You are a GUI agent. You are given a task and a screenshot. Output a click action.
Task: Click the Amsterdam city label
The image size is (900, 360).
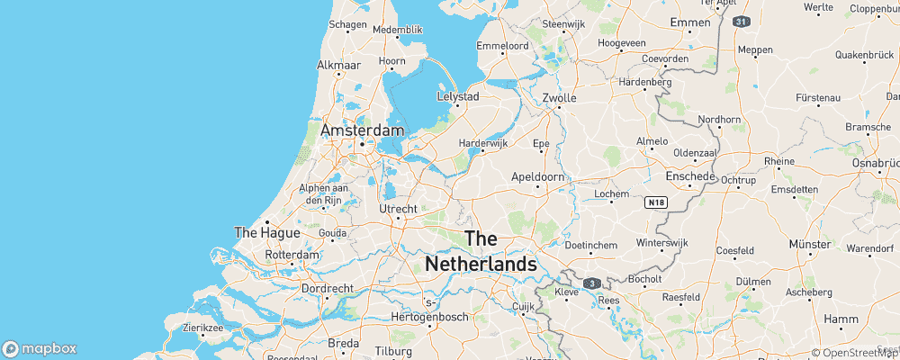coord(362,130)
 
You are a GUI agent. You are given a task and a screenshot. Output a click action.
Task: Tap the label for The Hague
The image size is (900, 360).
coord(259,232)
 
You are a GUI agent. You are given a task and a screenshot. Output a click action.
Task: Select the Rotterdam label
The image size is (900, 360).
coord(292,255)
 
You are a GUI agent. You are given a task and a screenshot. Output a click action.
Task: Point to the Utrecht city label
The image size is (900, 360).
coord(399,209)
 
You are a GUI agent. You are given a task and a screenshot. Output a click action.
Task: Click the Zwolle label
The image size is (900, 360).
coord(560,98)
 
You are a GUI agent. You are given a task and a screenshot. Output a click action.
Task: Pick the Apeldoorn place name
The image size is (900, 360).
coord(538,177)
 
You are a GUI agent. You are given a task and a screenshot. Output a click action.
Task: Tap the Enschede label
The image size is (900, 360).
coord(690,177)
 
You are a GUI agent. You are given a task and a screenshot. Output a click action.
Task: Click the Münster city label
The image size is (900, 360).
coord(809,244)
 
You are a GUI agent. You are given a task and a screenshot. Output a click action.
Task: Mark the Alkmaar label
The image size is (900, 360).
coord(339,66)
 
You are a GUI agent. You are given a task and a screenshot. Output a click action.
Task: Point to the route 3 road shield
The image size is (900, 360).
coord(591,283)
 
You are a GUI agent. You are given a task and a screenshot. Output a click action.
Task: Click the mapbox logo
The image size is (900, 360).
coord(40,348)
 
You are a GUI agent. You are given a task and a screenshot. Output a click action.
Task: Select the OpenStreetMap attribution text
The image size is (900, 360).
coord(855,353)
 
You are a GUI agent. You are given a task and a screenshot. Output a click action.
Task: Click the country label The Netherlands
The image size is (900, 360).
coord(481,252)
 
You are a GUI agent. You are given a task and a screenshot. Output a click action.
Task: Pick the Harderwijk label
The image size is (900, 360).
coord(483,142)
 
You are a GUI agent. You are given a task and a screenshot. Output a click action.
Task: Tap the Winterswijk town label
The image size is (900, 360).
coord(661,244)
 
